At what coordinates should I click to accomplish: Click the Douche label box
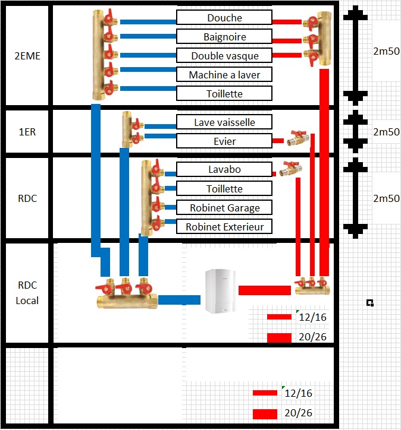tap(224, 18)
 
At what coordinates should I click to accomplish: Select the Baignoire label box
tap(224, 37)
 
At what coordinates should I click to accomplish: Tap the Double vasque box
tap(224, 56)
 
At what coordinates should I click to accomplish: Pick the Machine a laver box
tap(224, 75)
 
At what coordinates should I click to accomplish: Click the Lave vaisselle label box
tap(224, 122)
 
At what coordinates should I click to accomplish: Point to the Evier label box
tap(224, 141)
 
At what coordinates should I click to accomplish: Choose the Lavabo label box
tap(224, 170)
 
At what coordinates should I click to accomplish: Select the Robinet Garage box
tap(224, 208)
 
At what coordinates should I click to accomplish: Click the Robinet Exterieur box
tap(224, 227)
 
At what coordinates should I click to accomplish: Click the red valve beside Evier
tap(296, 139)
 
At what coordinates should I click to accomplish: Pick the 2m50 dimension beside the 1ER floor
tap(386, 132)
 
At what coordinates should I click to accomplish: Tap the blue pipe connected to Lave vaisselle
tap(160, 126)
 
